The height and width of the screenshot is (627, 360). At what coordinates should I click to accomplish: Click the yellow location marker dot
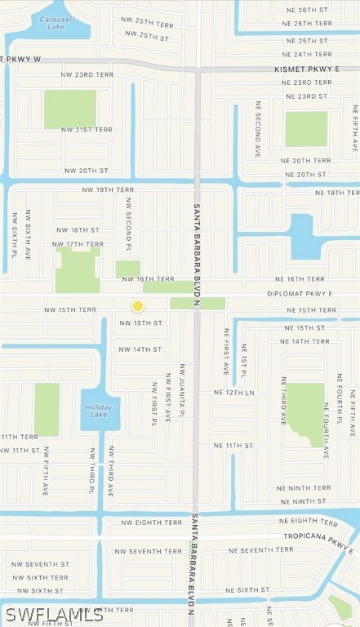(x=138, y=306)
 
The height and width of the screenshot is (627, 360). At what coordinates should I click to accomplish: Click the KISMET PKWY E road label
(x=306, y=69)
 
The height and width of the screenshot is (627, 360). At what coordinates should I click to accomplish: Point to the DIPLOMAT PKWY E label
(x=300, y=293)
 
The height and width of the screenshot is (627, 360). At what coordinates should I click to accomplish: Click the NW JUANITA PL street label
(x=183, y=393)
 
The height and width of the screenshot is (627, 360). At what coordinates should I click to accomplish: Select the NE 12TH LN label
(x=234, y=393)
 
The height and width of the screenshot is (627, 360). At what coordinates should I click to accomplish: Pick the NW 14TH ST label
(x=140, y=349)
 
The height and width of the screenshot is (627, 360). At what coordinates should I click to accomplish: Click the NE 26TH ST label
(x=310, y=10)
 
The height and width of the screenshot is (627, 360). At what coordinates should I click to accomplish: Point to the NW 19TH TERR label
(x=108, y=189)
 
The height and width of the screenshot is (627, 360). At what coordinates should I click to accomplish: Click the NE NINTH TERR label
(x=304, y=488)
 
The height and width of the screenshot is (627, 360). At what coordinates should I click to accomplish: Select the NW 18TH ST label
(x=78, y=230)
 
